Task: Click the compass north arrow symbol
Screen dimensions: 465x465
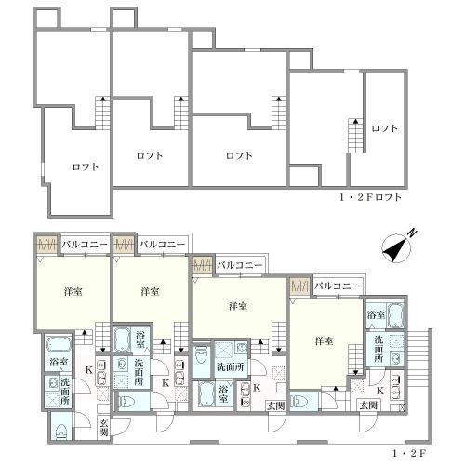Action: (x=396, y=250)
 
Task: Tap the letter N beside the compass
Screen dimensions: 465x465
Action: (x=413, y=233)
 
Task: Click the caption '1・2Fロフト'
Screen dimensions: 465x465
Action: (x=370, y=197)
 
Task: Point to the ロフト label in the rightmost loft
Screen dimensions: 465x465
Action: (x=384, y=128)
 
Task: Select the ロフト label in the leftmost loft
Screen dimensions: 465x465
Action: (x=86, y=166)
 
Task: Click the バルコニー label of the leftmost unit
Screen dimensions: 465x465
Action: (x=85, y=245)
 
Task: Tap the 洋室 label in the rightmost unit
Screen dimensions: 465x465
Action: (x=325, y=341)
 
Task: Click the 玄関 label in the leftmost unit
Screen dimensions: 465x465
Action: (x=103, y=427)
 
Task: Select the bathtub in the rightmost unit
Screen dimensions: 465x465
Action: (x=395, y=315)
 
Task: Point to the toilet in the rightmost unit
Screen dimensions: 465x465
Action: (x=299, y=402)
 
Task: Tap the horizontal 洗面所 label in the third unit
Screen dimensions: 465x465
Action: (x=230, y=367)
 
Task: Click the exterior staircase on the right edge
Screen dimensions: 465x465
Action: (x=418, y=371)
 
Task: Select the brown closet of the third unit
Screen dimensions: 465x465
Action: (x=203, y=266)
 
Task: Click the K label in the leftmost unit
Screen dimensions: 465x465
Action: (x=88, y=370)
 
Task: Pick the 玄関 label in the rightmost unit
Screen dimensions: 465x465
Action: (x=368, y=405)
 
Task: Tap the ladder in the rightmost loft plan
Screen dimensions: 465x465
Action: (x=355, y=136)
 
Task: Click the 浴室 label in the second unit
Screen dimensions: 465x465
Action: (x=140, y=339)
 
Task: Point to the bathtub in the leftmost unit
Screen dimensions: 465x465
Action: (x=59, y=344)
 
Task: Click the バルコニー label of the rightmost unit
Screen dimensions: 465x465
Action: (x=338, y=286)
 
